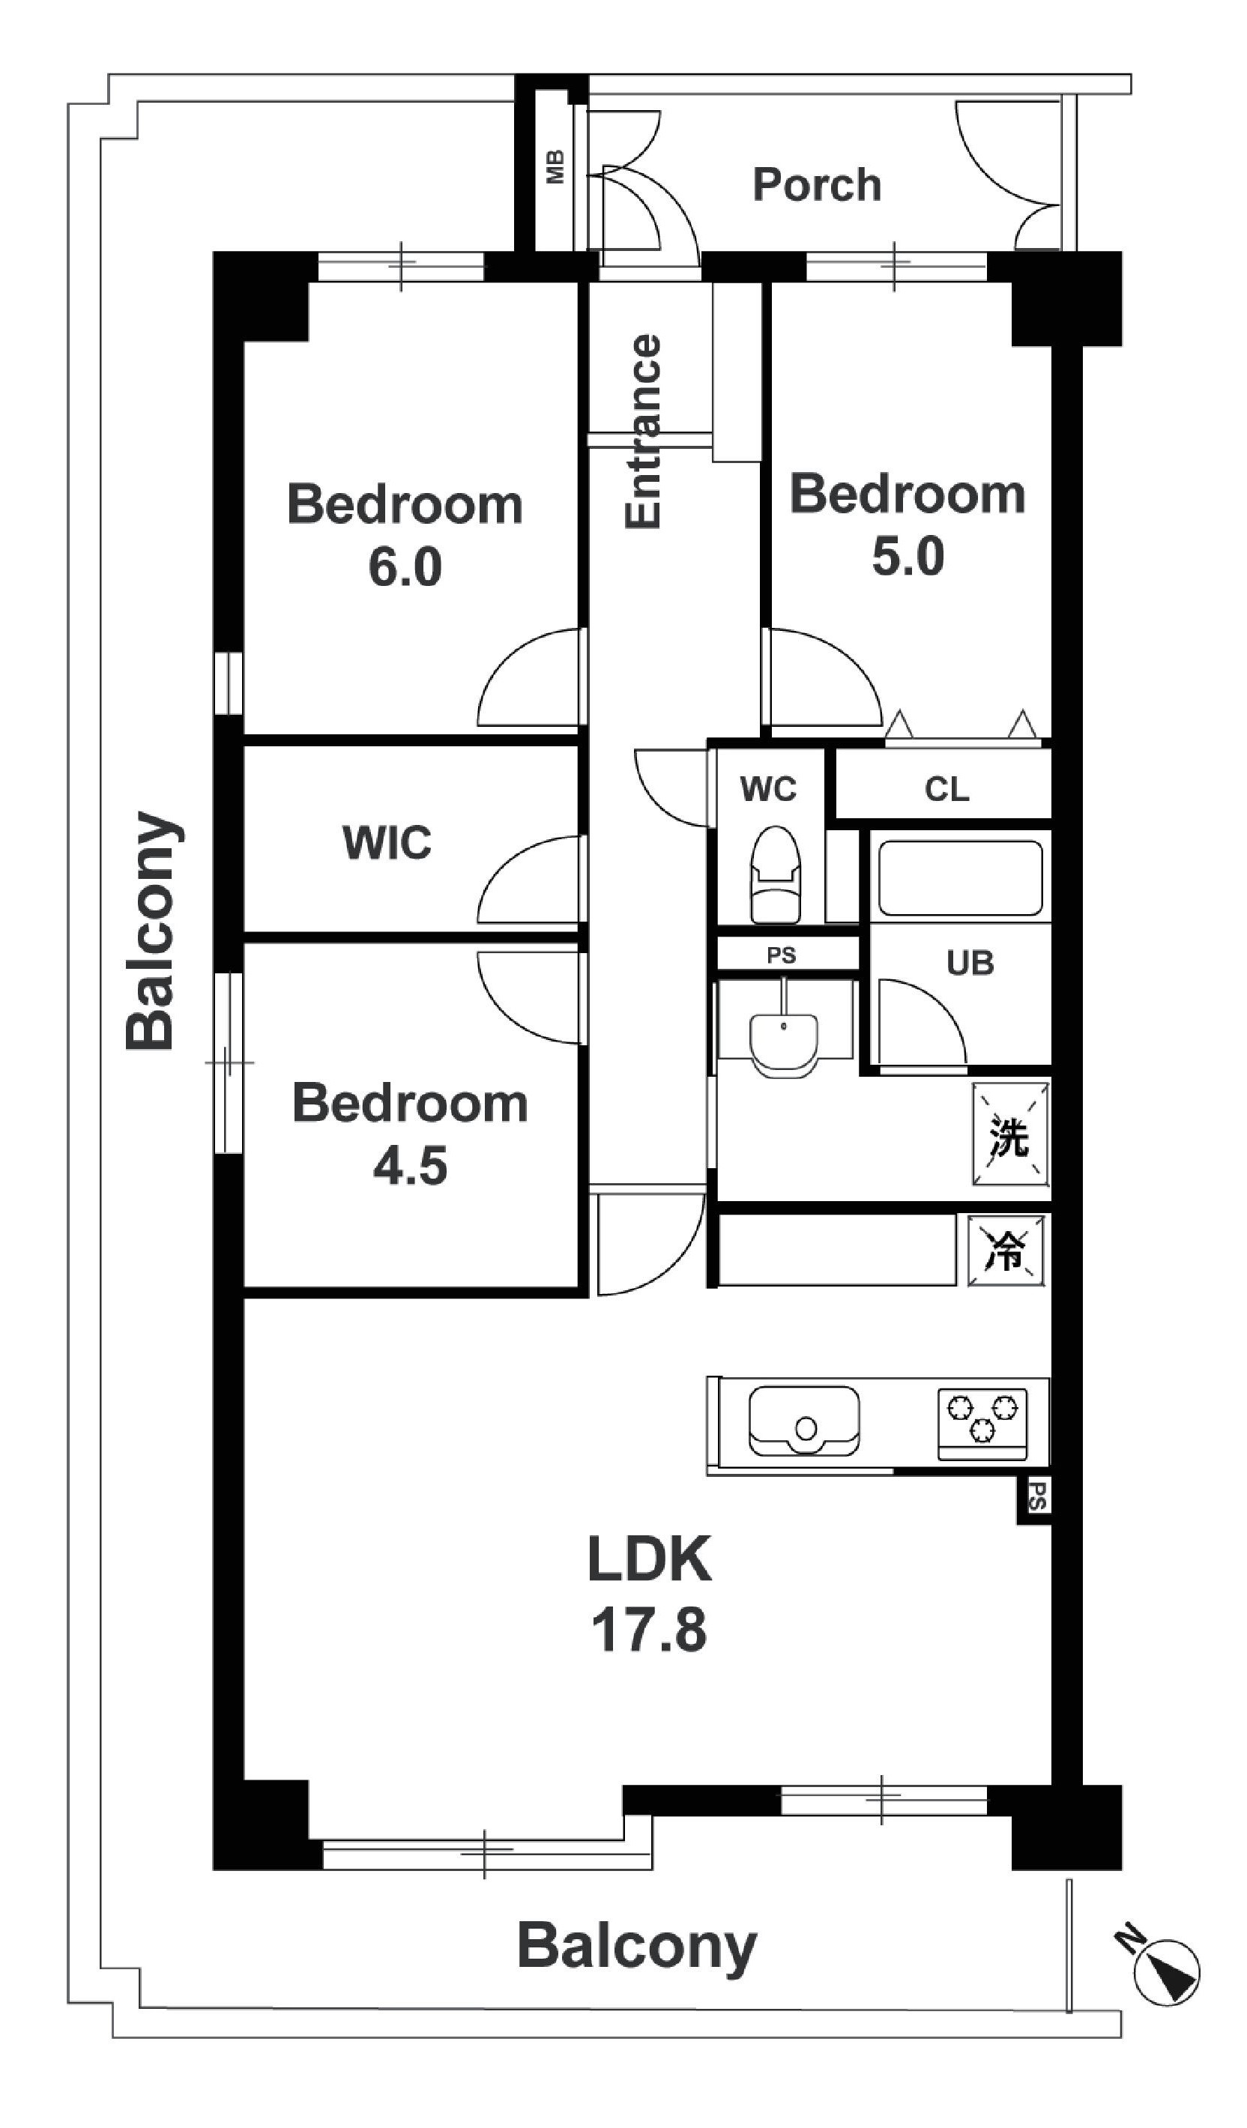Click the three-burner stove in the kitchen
(982, 1424)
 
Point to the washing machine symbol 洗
(1011, 1134)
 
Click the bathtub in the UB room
(961, 877)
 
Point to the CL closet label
(946, 790)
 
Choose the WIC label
(387, 843)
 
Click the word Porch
(816, 185)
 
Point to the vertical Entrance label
(642, 432)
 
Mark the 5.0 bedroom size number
(908, 557)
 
